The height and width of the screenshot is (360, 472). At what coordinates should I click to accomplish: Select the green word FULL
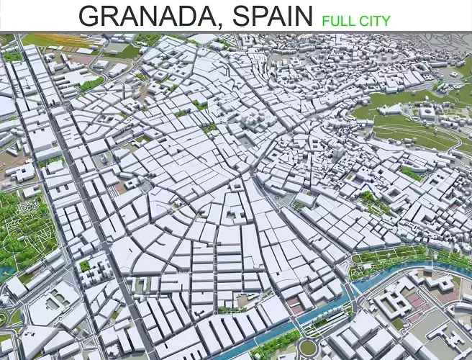pos(338,20)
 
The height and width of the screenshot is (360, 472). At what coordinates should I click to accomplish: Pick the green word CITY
pos(375,20)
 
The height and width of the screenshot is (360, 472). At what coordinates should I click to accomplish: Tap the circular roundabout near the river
pos(308,347)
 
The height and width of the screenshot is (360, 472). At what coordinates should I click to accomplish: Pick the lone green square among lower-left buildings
pos(85,266)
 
